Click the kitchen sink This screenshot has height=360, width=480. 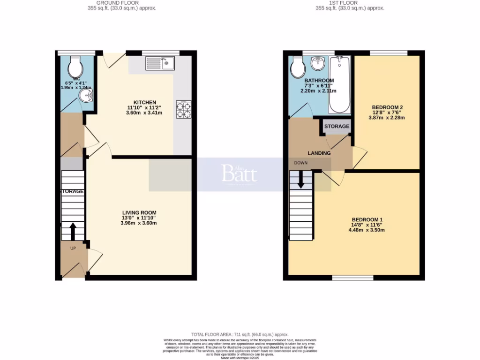[x=160, y=62]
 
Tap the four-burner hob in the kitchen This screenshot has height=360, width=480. [x=183, y=109]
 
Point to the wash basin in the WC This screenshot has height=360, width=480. [x=86, y=96]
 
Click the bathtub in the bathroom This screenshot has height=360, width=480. [x=338, y=84]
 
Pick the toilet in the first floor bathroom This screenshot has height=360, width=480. [x=297, y=68]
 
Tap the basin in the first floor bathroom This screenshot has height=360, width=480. [x=318, y=62]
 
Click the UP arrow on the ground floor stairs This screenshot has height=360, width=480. [x=73, y=231]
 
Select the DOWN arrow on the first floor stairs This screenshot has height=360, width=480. [x=300, y=180]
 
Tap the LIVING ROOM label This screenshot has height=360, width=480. [x=138, y=212]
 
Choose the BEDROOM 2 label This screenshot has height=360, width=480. [x=388, y=107]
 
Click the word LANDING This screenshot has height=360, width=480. [x=319, y=153]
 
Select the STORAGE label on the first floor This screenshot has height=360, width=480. [x=337, y=127]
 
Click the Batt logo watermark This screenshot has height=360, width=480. [x=239, y=174]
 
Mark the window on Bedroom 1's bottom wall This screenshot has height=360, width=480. [x=352, y=278]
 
